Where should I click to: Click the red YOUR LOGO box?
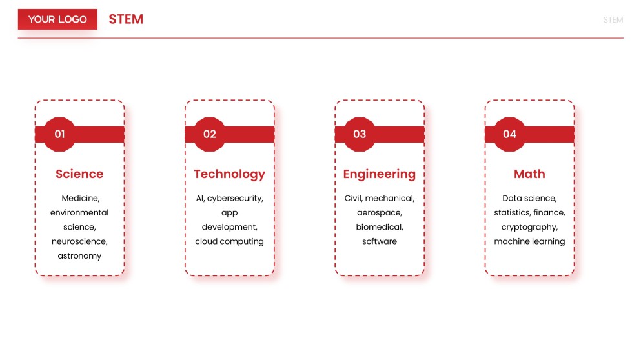[57, 19]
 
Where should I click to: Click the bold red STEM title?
[126, 19]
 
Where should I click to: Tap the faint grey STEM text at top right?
[613, 20]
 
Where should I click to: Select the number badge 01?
[59, 134]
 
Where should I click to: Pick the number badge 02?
[210, 134]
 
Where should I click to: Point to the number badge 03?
[360, 134]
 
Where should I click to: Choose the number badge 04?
[510, 134]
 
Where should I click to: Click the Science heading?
[79, 174]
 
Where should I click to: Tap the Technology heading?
[229, 174]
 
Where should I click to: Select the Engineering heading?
[379, 174]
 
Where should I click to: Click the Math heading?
[529, 174]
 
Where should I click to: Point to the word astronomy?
[79, 256]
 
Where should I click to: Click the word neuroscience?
[79, 241]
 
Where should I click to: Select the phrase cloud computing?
[229, 241]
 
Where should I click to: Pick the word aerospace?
[379, 212]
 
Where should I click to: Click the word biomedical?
[379, 227]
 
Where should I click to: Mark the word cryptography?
[529, 227]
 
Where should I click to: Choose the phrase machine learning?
[529, 241]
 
